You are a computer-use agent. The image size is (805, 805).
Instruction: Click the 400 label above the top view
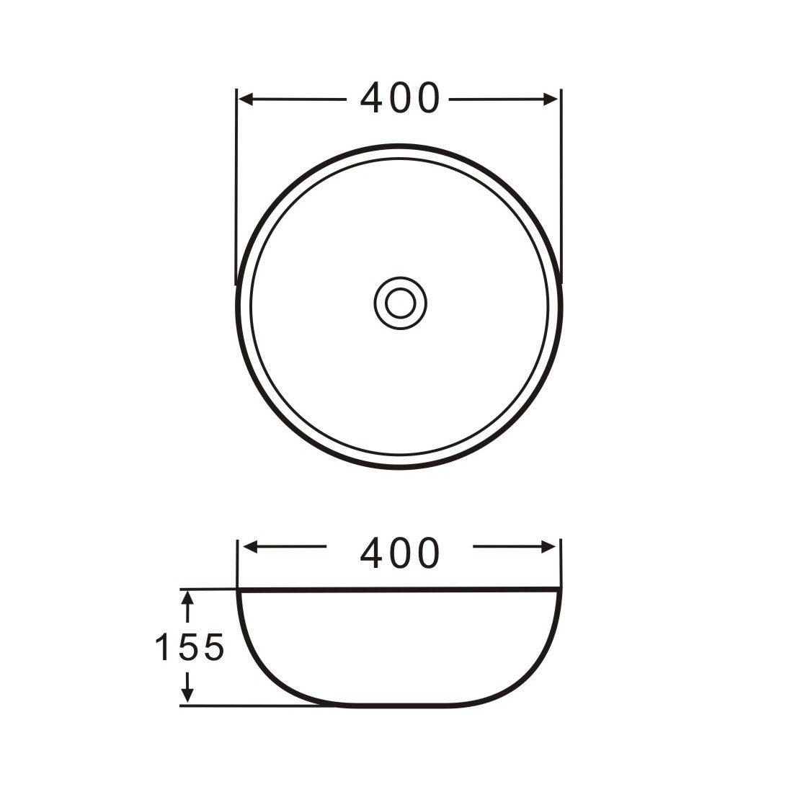click(x=400, y=97)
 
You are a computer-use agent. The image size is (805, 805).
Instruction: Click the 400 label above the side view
click(x=400, y=553)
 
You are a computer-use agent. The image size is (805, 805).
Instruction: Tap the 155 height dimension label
click(x=190, y=646)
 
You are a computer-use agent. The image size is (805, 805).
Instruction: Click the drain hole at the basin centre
click(x=400, y=303)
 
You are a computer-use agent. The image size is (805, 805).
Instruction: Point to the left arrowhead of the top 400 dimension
click(x=246, y=99)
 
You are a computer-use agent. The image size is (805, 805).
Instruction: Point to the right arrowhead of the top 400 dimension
click(x=551, y=99)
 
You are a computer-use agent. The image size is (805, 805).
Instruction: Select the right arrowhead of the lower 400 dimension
click(x=549, y=547)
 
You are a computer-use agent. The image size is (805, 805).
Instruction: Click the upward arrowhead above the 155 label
click(x=188, y=599)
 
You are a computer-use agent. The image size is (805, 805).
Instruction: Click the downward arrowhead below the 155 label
click(x=188, y=695)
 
